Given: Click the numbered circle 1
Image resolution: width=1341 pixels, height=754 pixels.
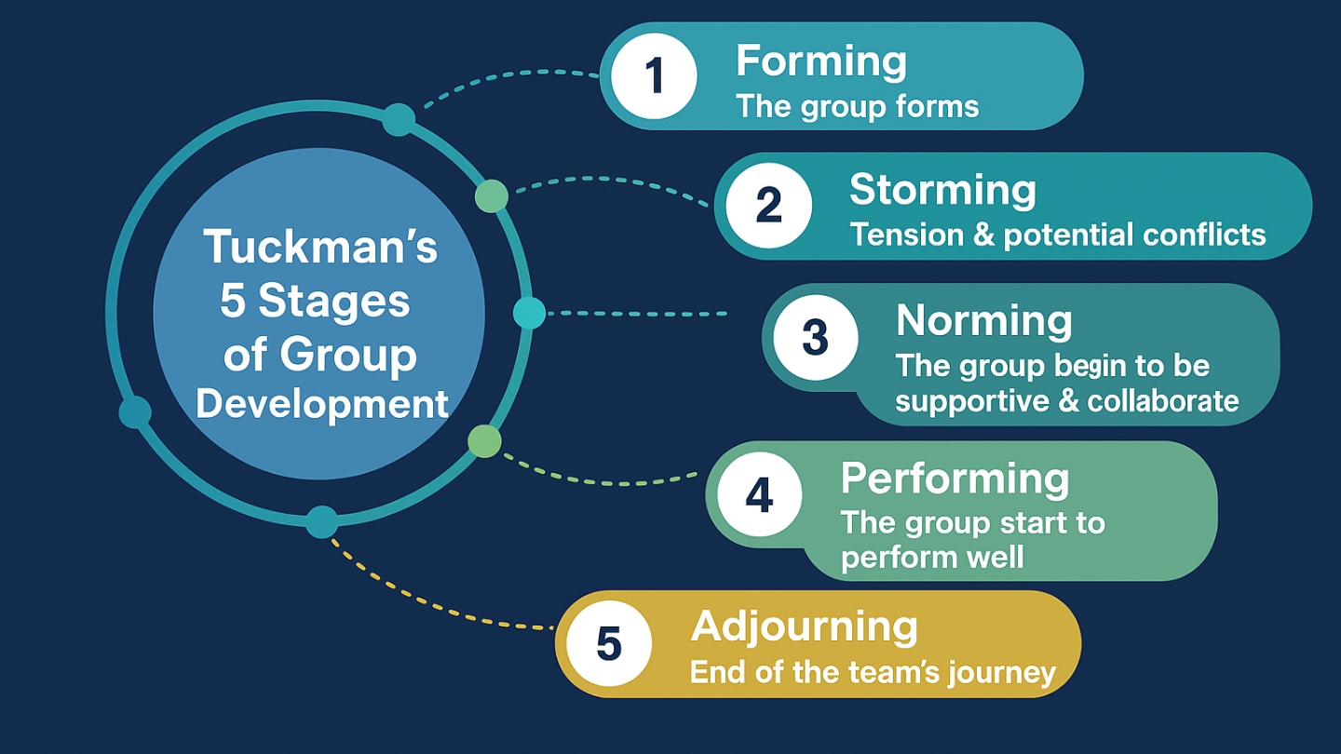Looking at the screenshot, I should coord(654,76).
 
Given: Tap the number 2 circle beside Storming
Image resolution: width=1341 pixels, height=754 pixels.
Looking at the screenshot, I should coord(768,205).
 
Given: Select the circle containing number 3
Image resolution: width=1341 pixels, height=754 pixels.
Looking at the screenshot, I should coord(815,337).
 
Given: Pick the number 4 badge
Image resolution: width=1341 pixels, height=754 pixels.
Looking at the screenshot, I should coord(759,494).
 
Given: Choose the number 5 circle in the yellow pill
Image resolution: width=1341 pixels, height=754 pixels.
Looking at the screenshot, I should coord(608,643).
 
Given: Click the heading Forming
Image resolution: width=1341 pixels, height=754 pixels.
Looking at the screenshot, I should coord(820,61).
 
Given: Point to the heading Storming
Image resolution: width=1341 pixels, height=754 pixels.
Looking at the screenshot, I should coord(942,190).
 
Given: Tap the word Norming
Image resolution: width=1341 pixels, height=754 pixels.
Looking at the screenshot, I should coord(983,321).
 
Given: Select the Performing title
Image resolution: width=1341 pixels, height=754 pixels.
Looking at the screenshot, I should coord(955,478).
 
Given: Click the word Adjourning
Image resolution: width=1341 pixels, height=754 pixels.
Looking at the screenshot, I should coord(804,627).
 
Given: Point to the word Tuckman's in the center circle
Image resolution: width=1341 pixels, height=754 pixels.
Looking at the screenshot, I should coord(320,248).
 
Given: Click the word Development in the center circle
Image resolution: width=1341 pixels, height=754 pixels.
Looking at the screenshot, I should coord(322,405).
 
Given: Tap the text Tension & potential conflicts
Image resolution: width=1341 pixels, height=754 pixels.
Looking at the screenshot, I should coord(1057,235).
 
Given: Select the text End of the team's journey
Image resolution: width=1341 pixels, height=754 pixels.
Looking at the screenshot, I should coord(873,672).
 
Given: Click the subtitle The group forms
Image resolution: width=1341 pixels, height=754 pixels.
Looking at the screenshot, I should coord(857,107).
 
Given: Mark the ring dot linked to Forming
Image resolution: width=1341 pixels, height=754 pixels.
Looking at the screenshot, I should coord(399,119).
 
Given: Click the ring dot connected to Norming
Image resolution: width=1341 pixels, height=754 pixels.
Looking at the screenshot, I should coord(529,313).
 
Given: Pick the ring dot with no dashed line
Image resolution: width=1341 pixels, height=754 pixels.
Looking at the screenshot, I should coord(135,411).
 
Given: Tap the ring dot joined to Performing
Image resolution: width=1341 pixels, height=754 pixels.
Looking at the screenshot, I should coord(483,440).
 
